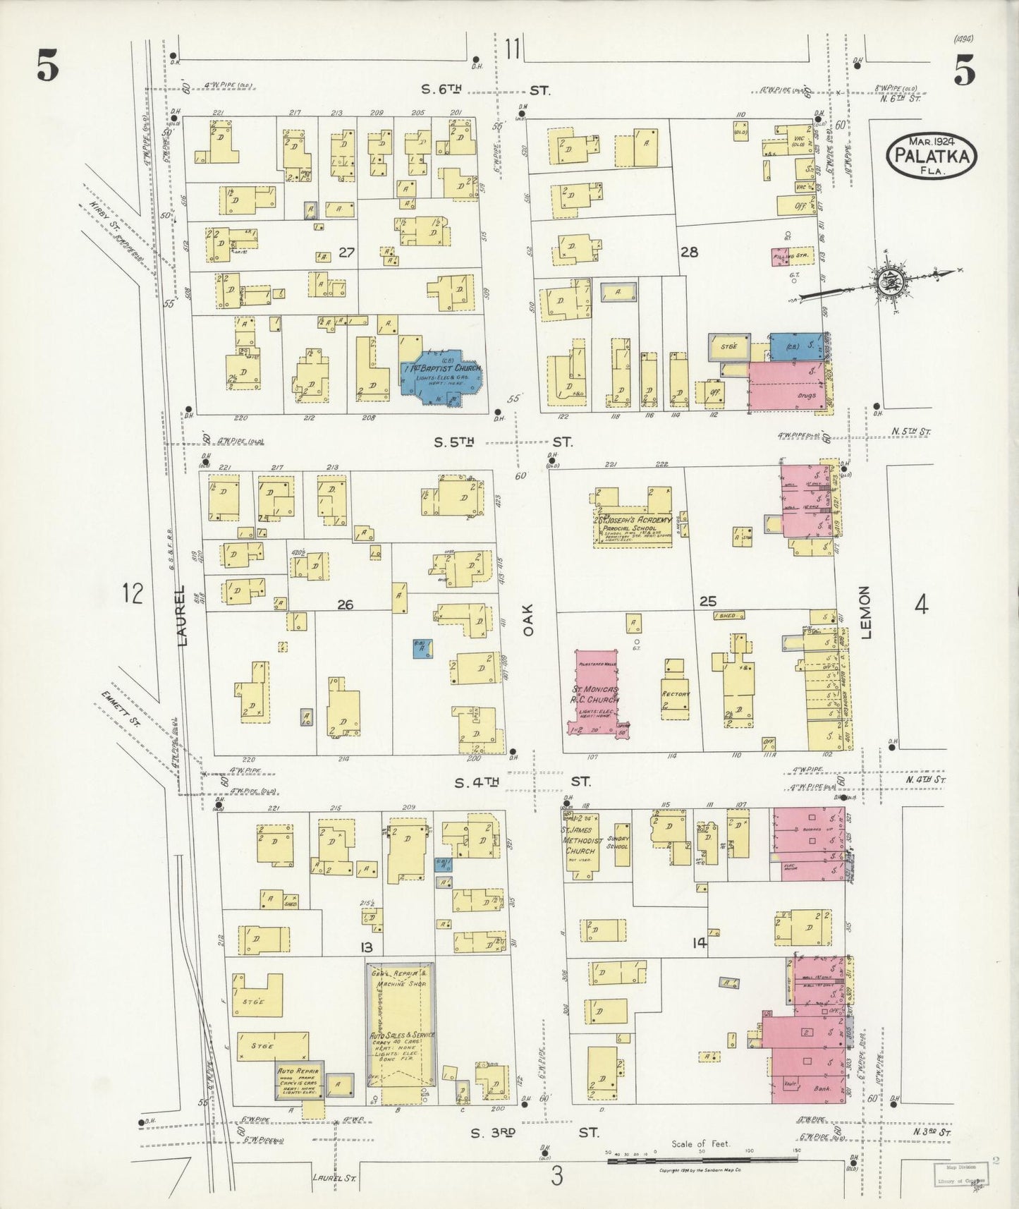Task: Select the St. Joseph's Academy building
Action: [632, 523]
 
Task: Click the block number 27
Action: [346, 252]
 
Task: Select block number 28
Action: [688, 251]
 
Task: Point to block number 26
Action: [345, 604]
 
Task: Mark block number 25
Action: [707, 601]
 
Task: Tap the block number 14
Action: [700, 942]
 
